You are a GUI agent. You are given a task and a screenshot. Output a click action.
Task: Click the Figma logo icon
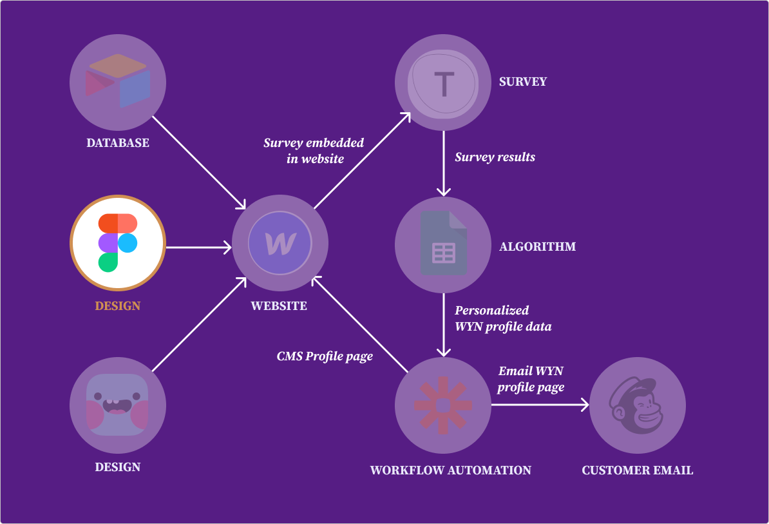pyautogui.click(x=118, y=242)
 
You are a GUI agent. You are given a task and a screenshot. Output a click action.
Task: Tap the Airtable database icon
pyautogui.click(x=118, y=81)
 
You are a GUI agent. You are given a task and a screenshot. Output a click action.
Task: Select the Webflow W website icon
pyautogui.click(x=280, y=244)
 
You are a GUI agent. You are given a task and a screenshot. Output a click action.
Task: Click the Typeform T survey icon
pyautogui.click(x=443, y=82)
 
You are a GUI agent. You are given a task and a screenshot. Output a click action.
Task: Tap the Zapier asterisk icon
pyautogui.click(x=443, y=405)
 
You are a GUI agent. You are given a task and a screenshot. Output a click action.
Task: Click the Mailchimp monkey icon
pyautogui.click(x=638, y=405)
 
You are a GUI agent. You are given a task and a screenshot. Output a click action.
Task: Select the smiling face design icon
pyautogui.click(x=118, y=405)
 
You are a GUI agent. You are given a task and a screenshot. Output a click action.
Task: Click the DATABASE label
pyautogui.click(x=118, y=143)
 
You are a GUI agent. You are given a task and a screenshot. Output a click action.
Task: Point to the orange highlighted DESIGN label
pyautogui.click(x=118, y=306)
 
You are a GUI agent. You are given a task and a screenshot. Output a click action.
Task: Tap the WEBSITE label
pyautogui.click(x=279, y=306)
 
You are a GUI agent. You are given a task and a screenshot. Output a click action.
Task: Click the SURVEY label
pyautogui.click(x=523, y=82)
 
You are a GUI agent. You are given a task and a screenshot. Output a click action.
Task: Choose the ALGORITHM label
pyautogui.click(x=538, y=247)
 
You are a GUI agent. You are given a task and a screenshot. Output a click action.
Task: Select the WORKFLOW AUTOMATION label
pyautogui.click(x=451, y=471)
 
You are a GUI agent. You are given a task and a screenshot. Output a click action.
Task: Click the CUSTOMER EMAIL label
pyautogui.click(x=638, y=471)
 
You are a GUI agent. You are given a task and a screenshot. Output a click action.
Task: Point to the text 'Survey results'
pyautogui.click(x=495, y=157)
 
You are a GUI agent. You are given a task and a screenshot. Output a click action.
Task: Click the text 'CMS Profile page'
pyautogui.click(x=325, y=356)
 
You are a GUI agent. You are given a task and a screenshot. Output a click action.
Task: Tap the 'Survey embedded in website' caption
pyautogui.click(x=314, y=151)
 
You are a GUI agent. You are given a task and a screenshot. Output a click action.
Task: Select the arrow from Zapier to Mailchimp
pyautogui.click(x=540, y=405)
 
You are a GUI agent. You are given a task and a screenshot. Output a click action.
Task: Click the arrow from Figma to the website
pyautogui.click(x=198, y=247)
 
